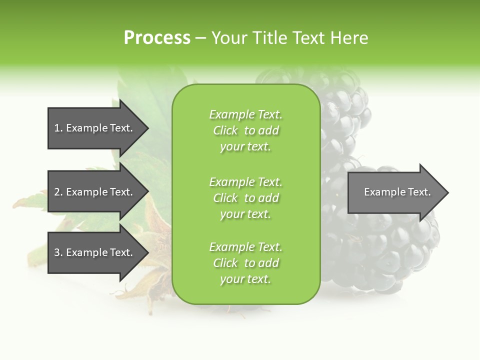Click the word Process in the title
pos(157,38)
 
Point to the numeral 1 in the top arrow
pos(57,128)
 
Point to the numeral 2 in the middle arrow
pos(57,192)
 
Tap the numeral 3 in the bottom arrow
pos(57,252)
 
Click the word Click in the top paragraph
pos(225,130)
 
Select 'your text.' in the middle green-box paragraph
pos(245,214)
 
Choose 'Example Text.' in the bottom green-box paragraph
pos(245,247)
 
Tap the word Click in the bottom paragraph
pos(225,263)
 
